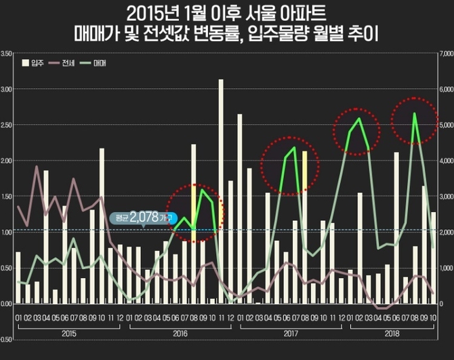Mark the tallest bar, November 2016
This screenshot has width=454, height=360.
(221, 190)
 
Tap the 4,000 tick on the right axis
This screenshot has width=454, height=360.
(446, 161)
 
